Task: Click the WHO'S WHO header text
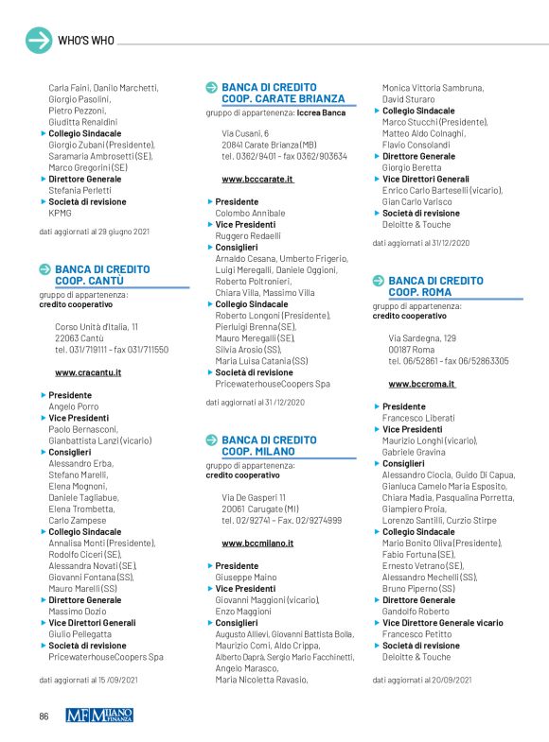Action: tap(86, 41)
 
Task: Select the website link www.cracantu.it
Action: tap(88, 372)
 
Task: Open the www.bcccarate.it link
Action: tap(257, 179)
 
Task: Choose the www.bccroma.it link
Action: tap(422, 384)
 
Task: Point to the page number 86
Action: tap(44, 716)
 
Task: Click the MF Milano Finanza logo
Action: tap(99, 716)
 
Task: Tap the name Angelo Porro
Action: tap(74, 406)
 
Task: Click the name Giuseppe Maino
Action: tap(246, 577)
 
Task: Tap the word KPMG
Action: tap(60, 213)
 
